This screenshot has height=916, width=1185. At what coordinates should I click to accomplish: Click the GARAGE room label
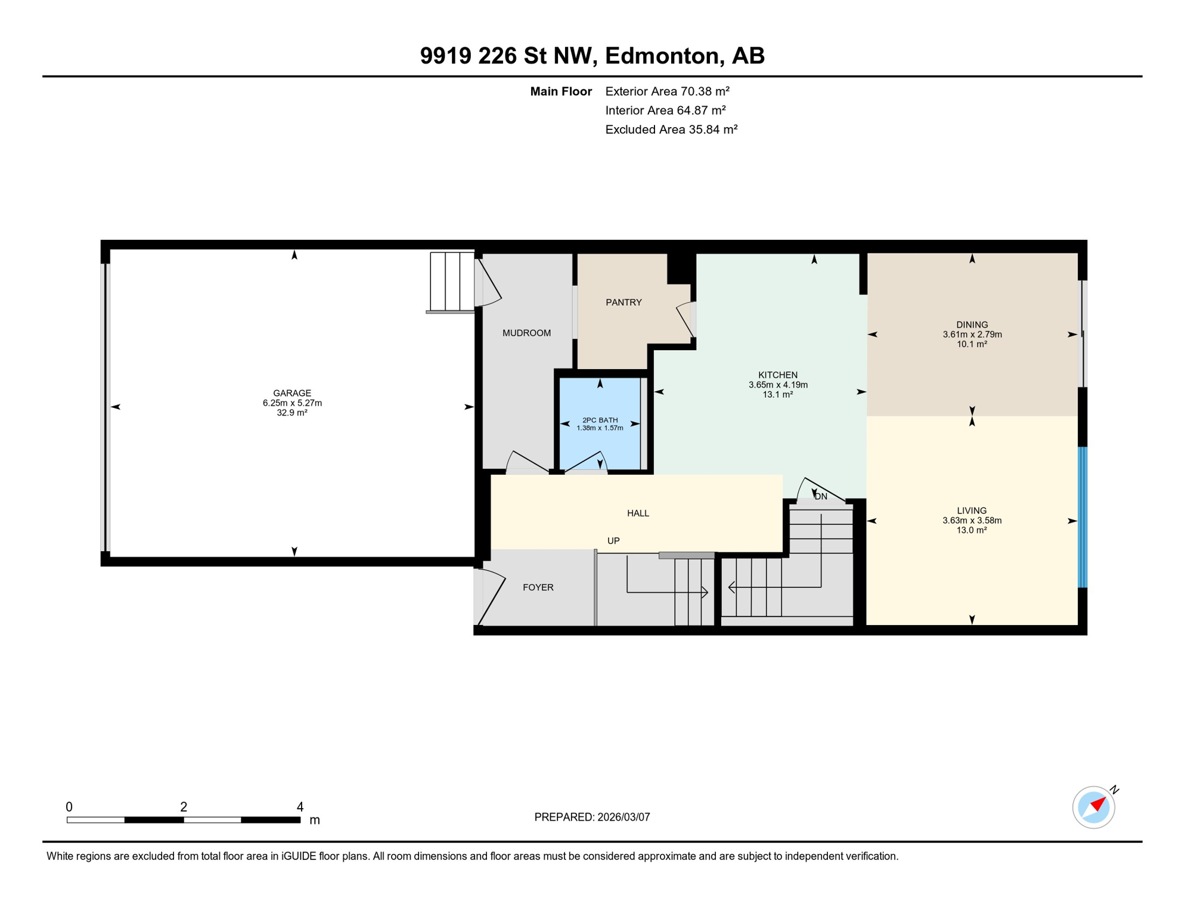pos(292,393)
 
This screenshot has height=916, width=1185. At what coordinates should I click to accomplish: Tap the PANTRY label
pos(623,302)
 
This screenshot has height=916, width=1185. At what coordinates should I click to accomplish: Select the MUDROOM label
pos(526,333)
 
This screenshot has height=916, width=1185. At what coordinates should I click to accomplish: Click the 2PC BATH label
pos(600,420)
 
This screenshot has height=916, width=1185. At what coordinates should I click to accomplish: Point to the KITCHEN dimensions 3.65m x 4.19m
pos(778,385)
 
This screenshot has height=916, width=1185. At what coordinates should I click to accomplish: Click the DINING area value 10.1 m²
pos(972,344)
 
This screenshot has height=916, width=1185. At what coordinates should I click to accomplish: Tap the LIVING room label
pos(972,510)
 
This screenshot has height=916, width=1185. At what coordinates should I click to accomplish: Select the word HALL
pos(638,513)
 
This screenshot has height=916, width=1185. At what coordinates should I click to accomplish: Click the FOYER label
pos(538,587)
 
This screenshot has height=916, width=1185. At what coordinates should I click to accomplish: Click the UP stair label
pos(613,541)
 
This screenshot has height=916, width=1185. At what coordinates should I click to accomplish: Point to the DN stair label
pos(821,496)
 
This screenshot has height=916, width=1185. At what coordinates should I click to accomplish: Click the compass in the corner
pos(1093,807)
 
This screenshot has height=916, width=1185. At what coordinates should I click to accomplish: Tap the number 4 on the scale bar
pos(300,807)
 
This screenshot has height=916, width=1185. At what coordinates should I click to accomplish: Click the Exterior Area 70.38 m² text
pos(667,91)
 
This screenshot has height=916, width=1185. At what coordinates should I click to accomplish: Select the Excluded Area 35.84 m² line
pos(671,129)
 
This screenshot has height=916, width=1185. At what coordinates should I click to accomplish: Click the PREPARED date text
pos(592,817)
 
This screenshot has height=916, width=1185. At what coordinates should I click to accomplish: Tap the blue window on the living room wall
pos(1082,517)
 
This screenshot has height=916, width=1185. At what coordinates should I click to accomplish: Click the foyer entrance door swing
pos(491,596)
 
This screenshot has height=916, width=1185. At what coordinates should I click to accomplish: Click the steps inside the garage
pos(452,281)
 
